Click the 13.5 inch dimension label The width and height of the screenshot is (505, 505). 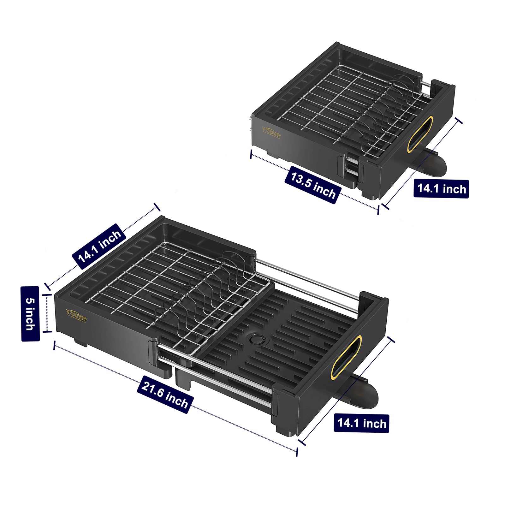click(313, 185)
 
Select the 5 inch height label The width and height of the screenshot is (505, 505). click(30, 314)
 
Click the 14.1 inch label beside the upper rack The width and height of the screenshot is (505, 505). click(441, 189)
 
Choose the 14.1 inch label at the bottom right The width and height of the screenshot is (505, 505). click(361, 423)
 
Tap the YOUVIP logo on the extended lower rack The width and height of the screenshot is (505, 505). click(76, 316)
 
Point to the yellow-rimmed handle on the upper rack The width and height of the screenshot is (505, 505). click(419, 134)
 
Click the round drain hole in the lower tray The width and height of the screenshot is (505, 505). click(257, 339)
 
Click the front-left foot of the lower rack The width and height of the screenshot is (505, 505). click(81, 342)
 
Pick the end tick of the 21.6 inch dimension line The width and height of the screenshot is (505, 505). click(296, 452)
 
